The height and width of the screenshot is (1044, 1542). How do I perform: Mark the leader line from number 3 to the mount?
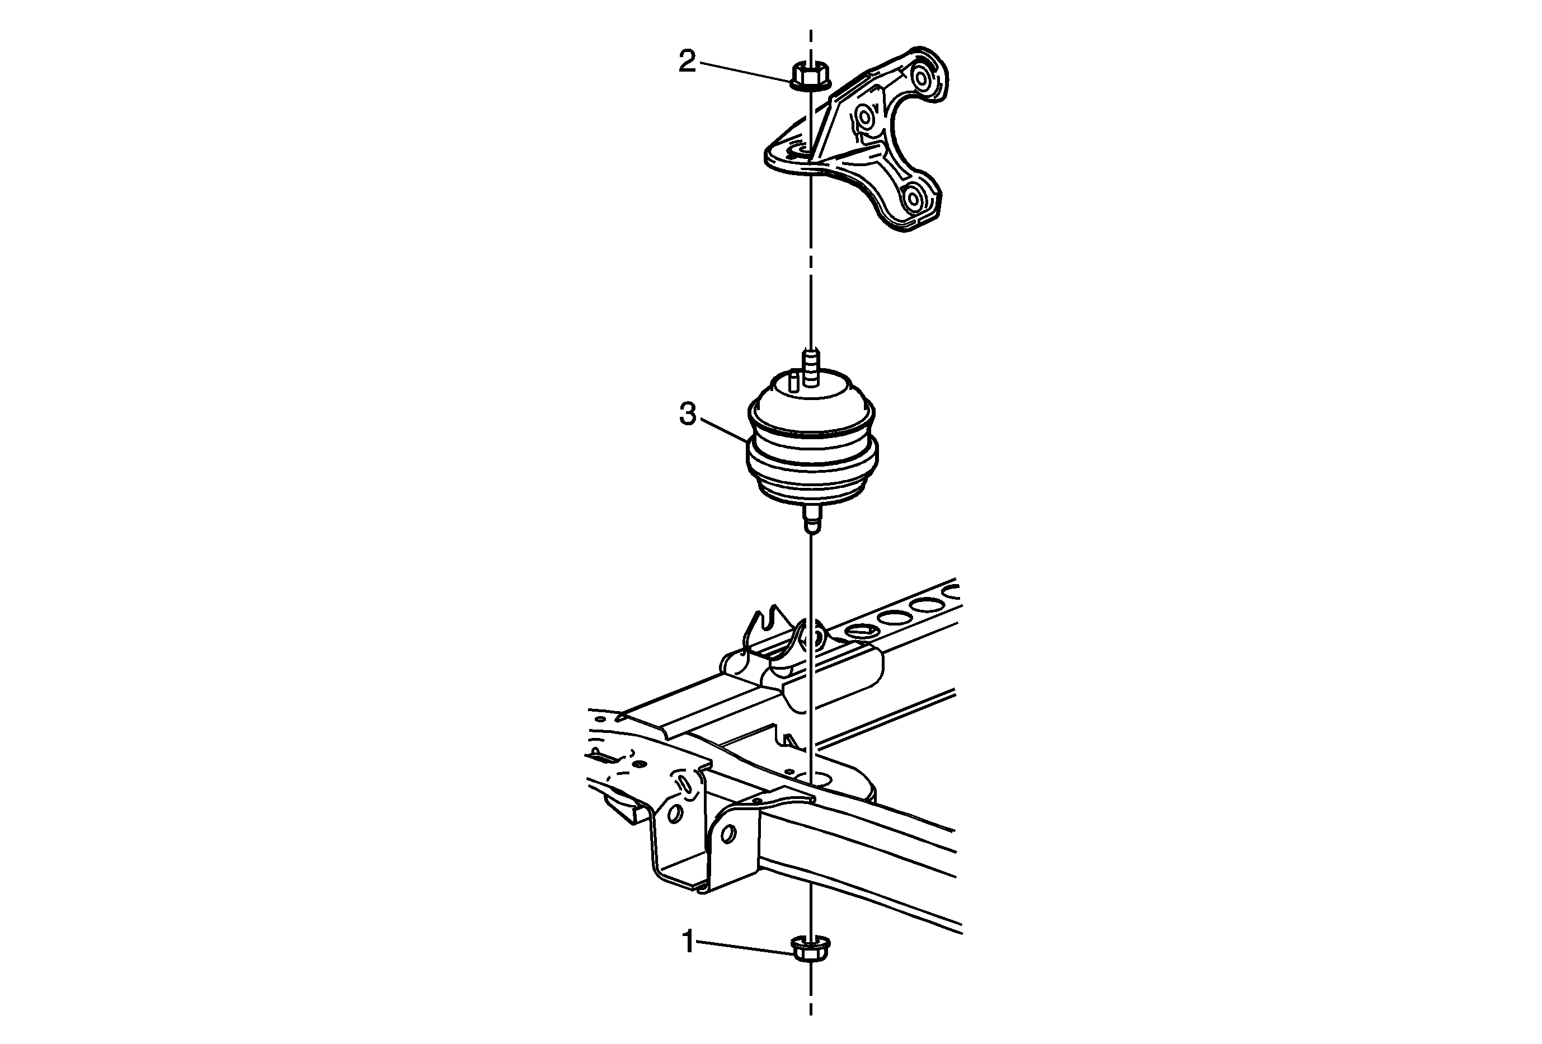point(724,429)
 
